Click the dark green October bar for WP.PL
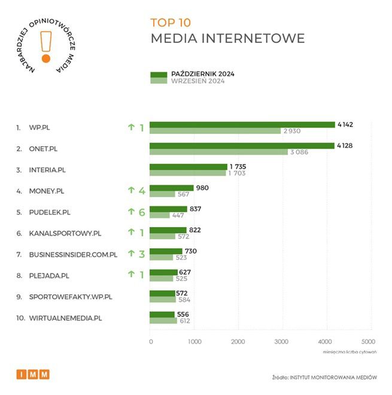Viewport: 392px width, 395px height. pos(242,124)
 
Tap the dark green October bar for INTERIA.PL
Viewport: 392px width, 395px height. pos(189,167)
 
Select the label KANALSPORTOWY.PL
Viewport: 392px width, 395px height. pos(65,233)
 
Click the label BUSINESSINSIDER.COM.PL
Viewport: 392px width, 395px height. pos(73,255)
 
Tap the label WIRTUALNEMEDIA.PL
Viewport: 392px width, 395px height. pos(65,318)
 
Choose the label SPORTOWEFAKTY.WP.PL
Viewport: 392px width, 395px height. pos(71,297)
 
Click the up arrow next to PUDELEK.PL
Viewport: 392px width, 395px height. pos(130,212)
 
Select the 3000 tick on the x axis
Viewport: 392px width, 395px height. pos(281,341)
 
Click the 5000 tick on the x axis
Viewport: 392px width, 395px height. pos(369,341)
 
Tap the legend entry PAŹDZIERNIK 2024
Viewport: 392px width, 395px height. pos(202,74)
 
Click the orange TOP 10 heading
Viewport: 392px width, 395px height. pos(171,23)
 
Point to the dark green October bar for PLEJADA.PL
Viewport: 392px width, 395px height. pos(163,272)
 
